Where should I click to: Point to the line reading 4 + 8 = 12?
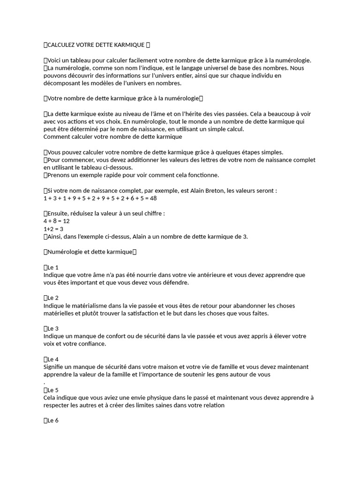pyautogui.click(x=56, y=221)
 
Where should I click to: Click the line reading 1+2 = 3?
pyautogui.click(x=53, y=229)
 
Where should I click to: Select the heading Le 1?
pyautogui.click(x=52, y=267)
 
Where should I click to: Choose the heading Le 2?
pyautogui.click(x=52, y=298)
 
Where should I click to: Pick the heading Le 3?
pyautogui.click(x=52, y=329)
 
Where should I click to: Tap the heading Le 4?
pyautogui.click(x=52, y=360)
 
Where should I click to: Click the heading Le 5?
pyautogui.click(x=52, y=390)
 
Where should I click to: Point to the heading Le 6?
pyautogui.click(x=52, y=420)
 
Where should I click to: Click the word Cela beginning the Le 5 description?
pyautogui.click(x=50, y=397)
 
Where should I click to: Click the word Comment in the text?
pyautogui.click(x=57, y=137)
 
